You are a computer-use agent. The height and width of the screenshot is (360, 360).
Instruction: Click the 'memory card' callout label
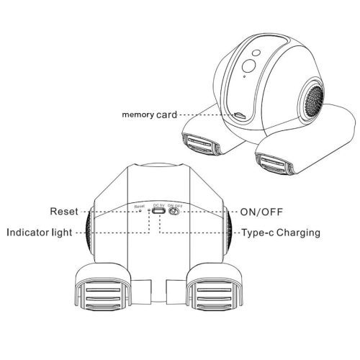pos(149,115)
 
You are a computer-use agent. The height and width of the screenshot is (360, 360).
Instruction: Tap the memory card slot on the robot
pos(240,115)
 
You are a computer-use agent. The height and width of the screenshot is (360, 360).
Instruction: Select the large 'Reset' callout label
pos(64,212)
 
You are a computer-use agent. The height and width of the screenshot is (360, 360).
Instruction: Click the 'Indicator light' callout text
pos(40,233)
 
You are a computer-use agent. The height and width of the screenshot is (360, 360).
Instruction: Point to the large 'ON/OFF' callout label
pos(261,212)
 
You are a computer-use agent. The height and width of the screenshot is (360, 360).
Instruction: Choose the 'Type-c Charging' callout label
pos(281,233)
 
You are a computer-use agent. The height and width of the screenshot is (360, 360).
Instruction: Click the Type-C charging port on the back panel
pos(159,211)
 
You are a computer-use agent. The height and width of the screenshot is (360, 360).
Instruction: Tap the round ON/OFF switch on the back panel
pos(174,212)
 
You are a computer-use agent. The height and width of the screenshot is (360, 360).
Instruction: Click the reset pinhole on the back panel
pos(140,210)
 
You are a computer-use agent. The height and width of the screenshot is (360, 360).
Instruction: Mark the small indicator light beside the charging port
pos(149,210)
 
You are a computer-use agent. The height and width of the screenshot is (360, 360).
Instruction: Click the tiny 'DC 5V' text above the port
pos(158,205)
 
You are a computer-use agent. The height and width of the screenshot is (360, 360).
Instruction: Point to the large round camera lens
pos(248,66)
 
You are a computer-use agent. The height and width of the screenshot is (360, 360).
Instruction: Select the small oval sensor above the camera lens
pos(256,53)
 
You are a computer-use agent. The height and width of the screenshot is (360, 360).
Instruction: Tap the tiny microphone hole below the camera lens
pos(244,76)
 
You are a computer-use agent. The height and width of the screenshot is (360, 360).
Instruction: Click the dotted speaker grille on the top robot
pos(314,100)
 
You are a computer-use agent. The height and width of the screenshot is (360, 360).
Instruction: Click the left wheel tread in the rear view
pos(103,294)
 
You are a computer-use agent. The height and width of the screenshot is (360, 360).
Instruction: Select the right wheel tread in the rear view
pos(215,294)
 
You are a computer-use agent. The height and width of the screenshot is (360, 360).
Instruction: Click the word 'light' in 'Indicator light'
pos(62,233)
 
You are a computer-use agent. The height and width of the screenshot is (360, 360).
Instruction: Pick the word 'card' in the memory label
pos(166,115)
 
